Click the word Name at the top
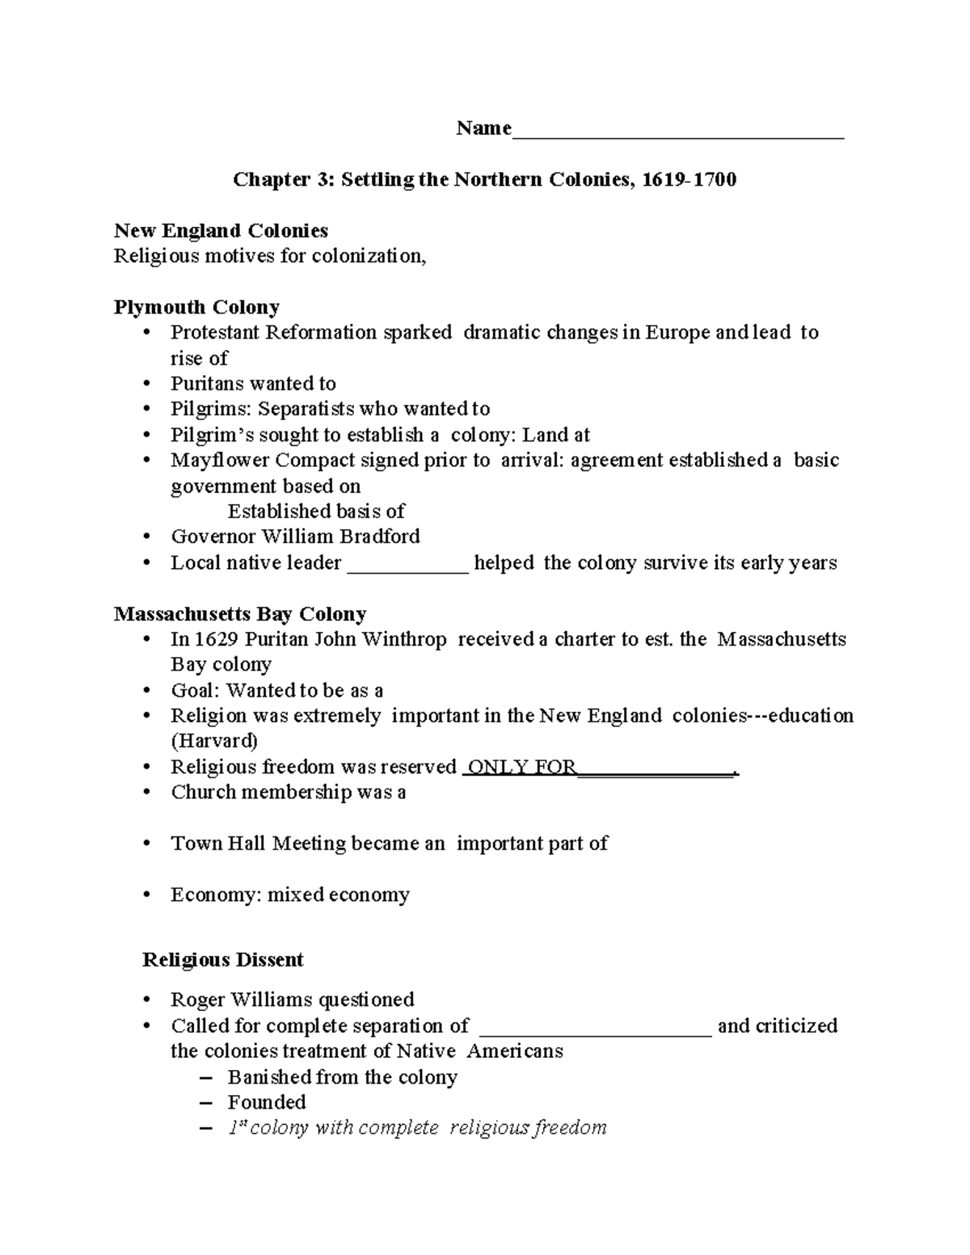point(483,128)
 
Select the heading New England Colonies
point(221,230)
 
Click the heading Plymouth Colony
point(196,307)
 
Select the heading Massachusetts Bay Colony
point(240,613)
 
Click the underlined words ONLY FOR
point(521,767)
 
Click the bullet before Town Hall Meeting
point(146,844)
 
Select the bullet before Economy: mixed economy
point(146,895)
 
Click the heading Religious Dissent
point(222,959)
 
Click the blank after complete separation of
point(596,1028)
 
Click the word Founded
point(267,1102)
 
